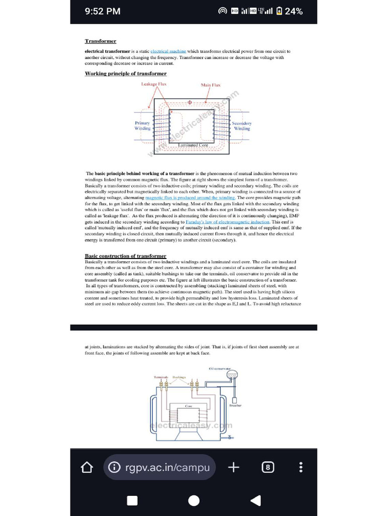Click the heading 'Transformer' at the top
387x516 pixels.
click(x=100, y=41)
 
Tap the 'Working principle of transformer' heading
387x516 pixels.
click(x=125, y=74)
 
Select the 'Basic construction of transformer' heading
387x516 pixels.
click(x=125, y=256)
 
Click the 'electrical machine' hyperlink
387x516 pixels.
click(x=168, y=51)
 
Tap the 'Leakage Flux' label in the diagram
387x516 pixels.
click(x=154, y=84)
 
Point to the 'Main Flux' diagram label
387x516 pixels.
click(x=211, y=85)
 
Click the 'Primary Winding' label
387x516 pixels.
click(x=142, y=125)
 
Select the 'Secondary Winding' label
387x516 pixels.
click(x=241, y=125)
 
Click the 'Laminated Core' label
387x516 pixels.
click(x=193, y=145)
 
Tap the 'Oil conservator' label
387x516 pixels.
click(x=219, y=369)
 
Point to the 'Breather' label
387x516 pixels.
click(x=235, y=405)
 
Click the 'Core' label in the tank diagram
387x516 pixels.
click(x=188, y=406)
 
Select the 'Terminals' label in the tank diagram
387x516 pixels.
click(x=161, y=377)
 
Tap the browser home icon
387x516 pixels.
click(x=87, y=468)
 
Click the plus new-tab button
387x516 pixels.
click(x=233, y=468)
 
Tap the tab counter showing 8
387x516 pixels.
click(x=268, y=468)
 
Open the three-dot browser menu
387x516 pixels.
click(x=301, y=468)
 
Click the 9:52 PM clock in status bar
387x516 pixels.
click(x=102, y=11)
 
